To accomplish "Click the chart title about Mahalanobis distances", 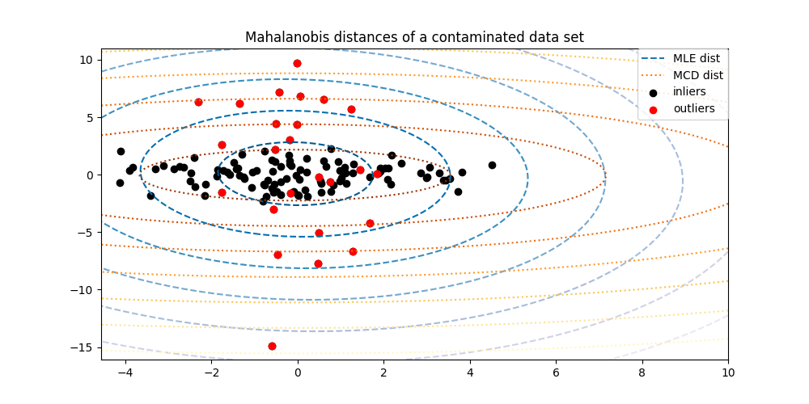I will click(414, 37).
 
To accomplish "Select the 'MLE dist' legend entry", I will click(697, 58).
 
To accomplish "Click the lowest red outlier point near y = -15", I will click(272, 346).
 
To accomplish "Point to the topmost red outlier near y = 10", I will click(297, 63).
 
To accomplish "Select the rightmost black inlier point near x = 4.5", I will click(492, 165).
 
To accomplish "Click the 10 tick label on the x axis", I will click(728, 373).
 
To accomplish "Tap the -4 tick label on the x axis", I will click(125, 373).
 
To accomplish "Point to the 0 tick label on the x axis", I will click(297, 373).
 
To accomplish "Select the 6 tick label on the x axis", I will click(556, 373).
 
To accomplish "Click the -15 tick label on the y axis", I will click(84, 347).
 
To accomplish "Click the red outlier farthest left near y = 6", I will click(198, 102).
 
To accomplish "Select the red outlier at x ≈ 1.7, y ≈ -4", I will click(370, 223).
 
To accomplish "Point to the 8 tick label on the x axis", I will click(642, 373).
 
